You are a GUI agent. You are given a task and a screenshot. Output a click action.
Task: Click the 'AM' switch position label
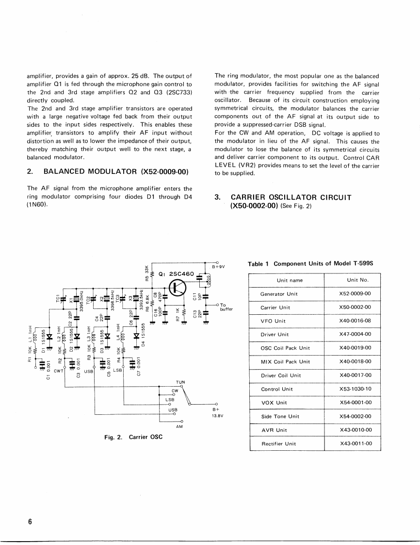[179, 426]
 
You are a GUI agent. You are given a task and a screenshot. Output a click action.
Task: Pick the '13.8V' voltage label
[216, 416]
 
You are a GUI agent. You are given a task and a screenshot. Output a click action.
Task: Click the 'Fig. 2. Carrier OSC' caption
[133, 437]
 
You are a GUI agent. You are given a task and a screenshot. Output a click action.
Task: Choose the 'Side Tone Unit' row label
[280, 416]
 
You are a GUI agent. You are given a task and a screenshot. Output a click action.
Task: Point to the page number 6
[30, 522]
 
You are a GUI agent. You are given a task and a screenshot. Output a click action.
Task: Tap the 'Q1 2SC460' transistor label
[177, 273]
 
